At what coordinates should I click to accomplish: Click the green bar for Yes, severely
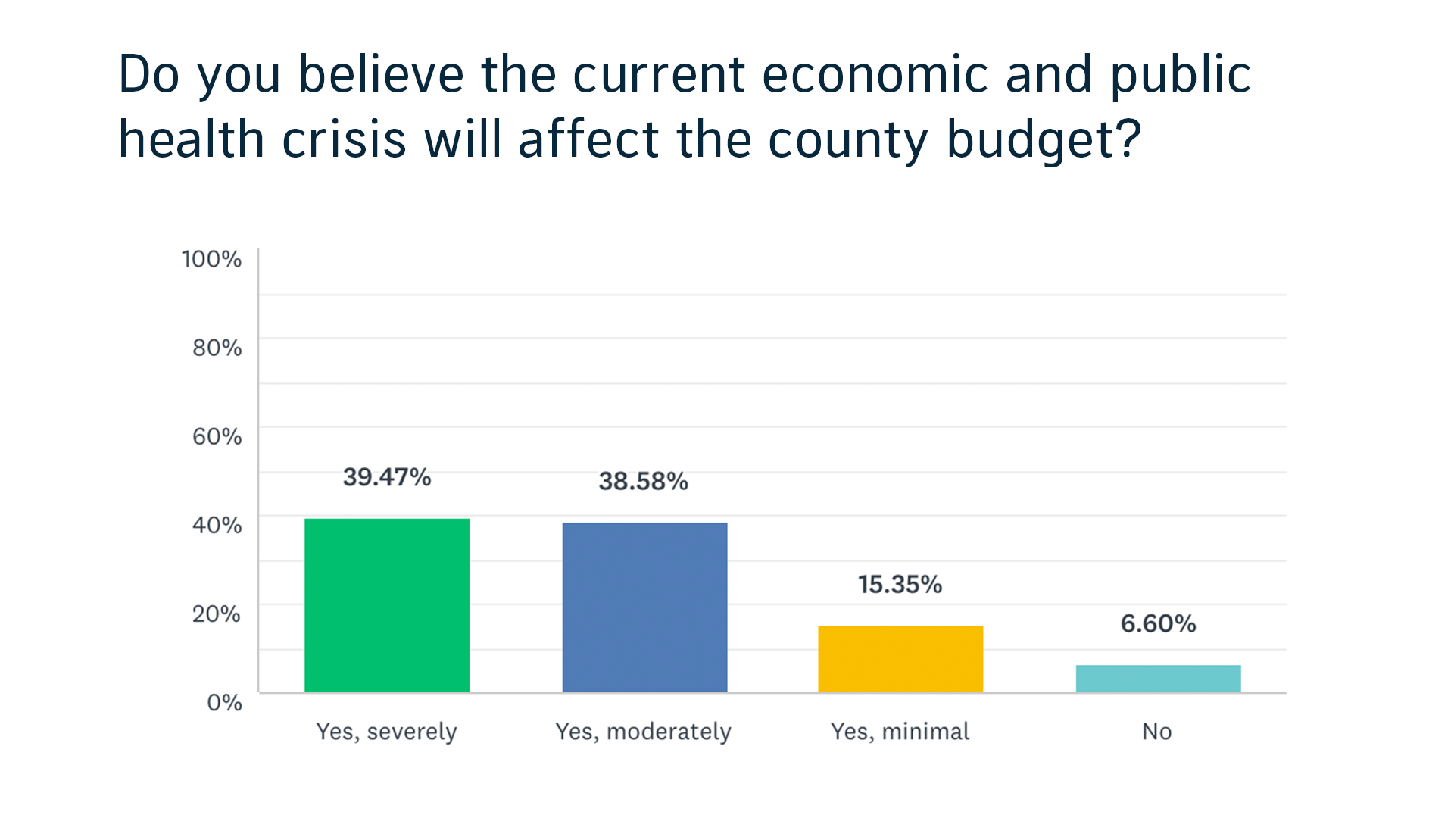tap(387, 605)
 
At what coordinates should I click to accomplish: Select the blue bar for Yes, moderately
tap(644, 607)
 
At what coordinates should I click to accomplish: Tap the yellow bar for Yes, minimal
tap(900, 659)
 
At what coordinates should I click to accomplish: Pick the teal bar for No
tap(1158, 679)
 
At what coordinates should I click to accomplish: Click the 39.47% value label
tap(387, 477)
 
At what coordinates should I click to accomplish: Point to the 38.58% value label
tap(643, 482)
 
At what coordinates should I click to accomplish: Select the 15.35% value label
tap(900, 585)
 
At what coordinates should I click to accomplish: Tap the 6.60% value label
tap(1158, 624)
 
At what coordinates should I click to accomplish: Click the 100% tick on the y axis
tap(211, 260)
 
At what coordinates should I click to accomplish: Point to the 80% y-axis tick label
tap(217, 348)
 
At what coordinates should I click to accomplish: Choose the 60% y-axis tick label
tap(217, 437)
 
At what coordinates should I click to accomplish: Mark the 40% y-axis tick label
tap(217, 526)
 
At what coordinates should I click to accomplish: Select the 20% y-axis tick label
tap(217, 614)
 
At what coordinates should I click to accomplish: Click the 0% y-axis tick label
tap(224, 703)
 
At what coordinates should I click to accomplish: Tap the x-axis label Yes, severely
tap(386, 732)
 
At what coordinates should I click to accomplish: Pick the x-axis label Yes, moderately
tap(643, 732)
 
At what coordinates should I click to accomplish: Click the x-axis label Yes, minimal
tap(900, 732)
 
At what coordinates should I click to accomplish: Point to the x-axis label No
tap(1157, 732)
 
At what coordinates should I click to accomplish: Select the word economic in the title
tap(875, 75)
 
